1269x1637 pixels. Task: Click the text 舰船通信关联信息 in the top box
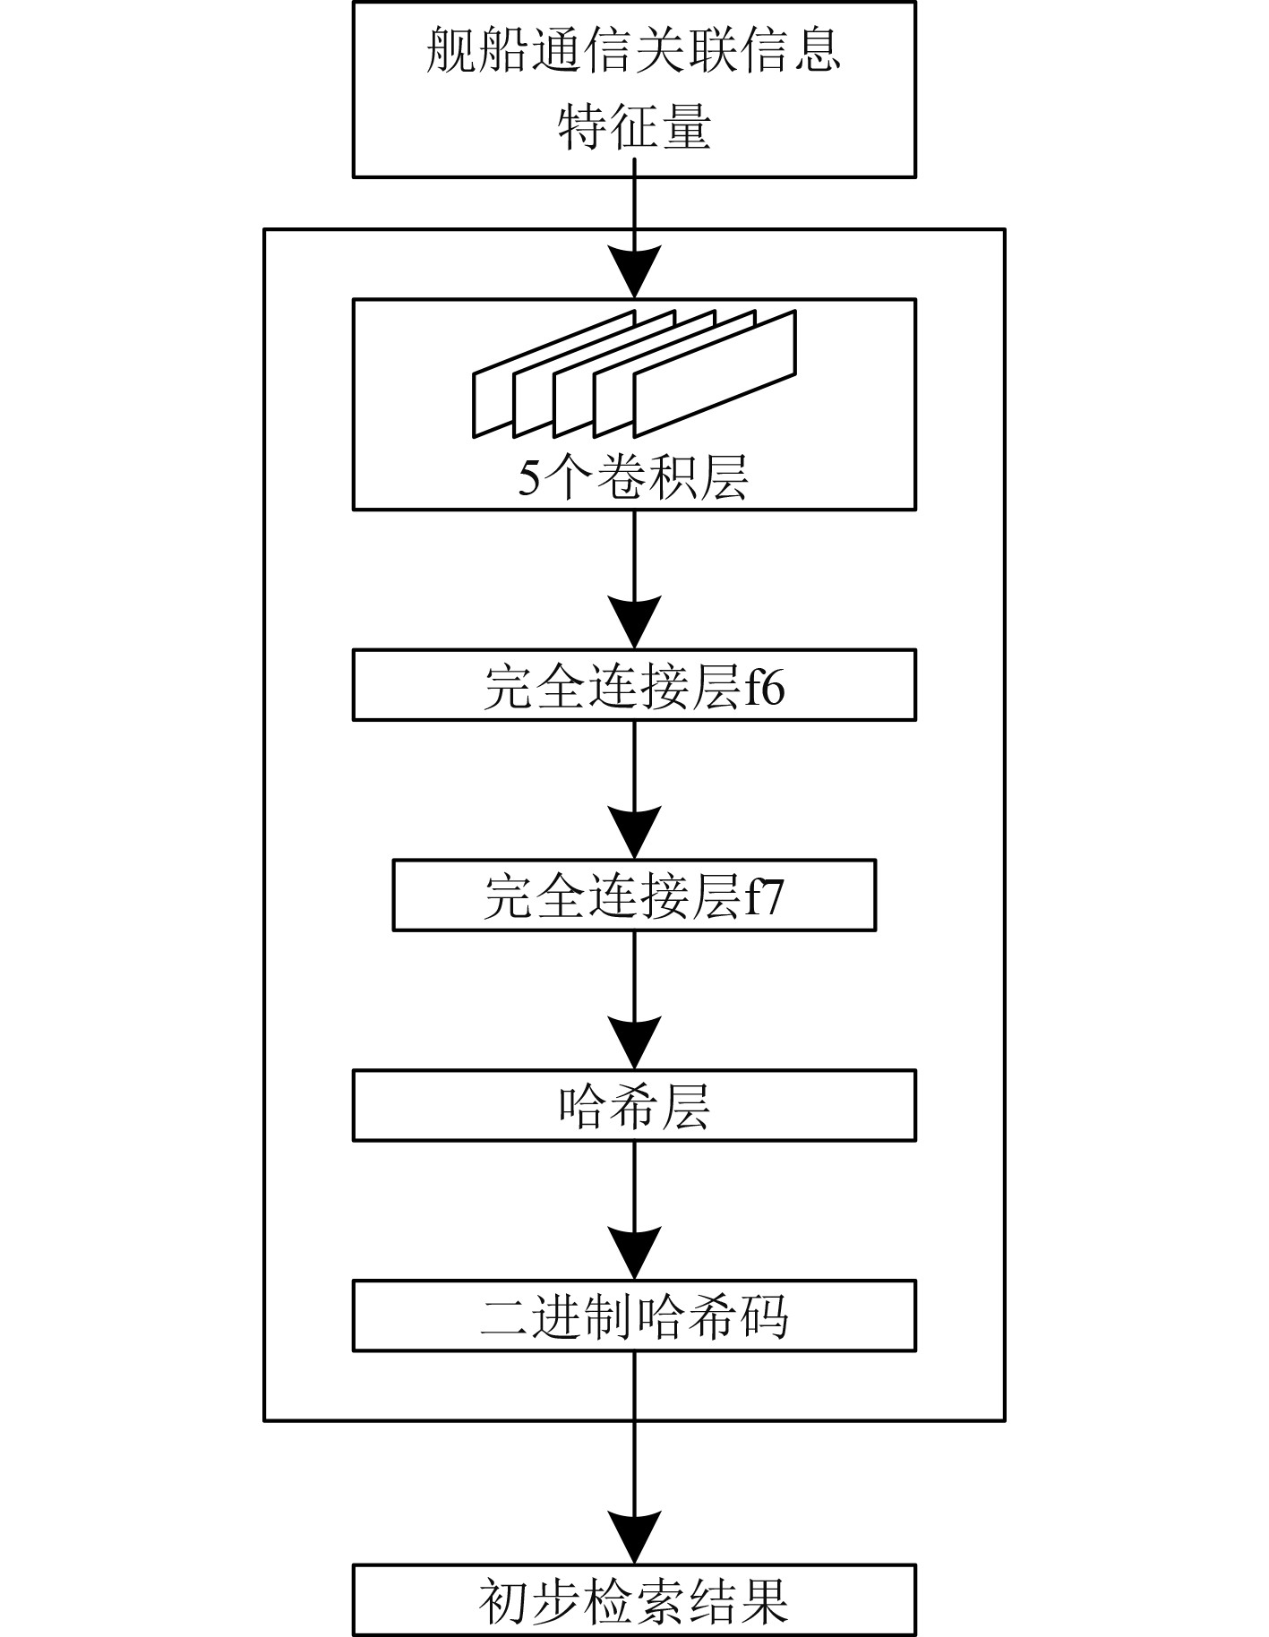[633, 50]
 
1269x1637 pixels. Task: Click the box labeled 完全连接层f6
[633, 686]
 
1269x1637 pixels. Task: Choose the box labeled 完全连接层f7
[633, 896]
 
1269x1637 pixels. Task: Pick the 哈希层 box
[633, 1105]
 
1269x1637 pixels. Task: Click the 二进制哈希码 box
[633, 1316]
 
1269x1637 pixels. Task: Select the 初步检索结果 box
[633, 1600]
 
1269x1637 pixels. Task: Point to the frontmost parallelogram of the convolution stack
[715, 373]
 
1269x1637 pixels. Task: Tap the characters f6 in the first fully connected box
[766, 688]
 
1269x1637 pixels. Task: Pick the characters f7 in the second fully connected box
[766, 897]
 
